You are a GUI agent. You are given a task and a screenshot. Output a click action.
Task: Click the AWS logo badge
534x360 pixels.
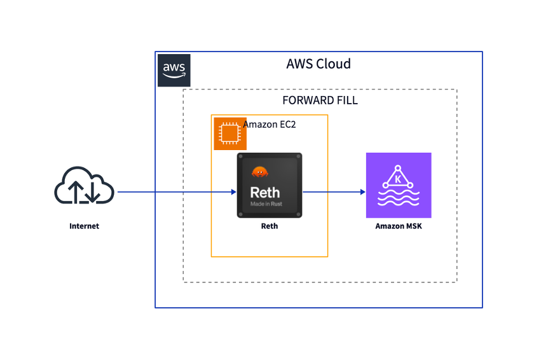point(174,70)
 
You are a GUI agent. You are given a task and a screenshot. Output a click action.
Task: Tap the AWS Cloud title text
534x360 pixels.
point(318,64)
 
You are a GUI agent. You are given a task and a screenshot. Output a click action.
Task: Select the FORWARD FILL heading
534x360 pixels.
point(320,100)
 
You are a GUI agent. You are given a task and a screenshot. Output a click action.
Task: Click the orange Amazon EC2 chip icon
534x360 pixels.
point(229,134)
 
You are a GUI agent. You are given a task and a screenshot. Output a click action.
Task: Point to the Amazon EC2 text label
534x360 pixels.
point(270,125)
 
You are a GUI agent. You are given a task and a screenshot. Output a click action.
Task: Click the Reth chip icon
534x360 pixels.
point(270,186)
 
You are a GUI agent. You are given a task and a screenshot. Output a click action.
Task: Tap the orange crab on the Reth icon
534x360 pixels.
point(259,171)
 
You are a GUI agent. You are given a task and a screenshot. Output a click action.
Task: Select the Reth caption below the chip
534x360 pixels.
point(270,226)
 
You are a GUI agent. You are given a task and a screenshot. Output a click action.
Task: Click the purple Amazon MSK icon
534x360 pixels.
point(399,185)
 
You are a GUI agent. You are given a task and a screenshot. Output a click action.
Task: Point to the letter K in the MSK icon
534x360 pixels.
point(398,179)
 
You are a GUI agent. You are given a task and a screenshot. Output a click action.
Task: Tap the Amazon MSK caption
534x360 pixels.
point(399,226)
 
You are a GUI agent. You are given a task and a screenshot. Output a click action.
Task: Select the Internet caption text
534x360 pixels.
point(85,226)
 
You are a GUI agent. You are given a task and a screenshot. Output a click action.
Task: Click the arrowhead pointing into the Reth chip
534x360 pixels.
point(233,191)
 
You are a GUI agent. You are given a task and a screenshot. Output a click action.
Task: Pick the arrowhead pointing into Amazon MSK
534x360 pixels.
point(362,191)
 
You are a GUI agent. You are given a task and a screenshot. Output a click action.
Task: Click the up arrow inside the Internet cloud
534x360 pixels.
point(76,191)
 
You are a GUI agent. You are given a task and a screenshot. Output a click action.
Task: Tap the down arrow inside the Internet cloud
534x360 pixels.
point(92,191)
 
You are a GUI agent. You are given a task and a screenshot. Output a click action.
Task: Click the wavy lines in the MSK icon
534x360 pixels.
point(399,200)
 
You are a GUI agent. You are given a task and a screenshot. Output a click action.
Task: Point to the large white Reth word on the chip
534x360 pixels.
point(264,191)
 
